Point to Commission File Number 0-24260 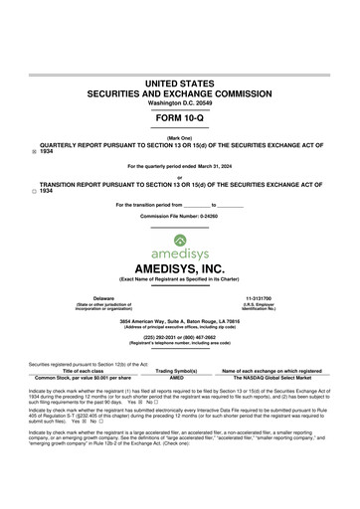(x=179, y=214)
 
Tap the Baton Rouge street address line (x=179, y=322)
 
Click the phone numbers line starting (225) (x=179, y=336)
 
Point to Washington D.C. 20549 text (x=179, y=102)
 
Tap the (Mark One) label (x=179, y=137)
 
